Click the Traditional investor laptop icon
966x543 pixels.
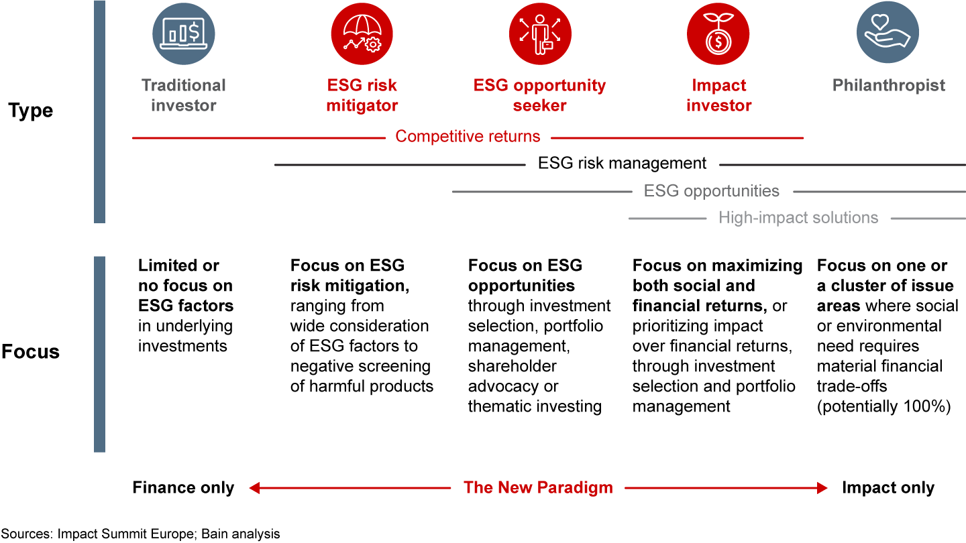point(184,34)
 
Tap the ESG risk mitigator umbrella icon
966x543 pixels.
point(362,34)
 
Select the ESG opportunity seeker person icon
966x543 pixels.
point(540,34)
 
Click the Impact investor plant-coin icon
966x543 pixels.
point(718,34)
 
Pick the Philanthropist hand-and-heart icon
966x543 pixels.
point(888,32)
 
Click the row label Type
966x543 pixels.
point(31,111)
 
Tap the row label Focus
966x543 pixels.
point(31,352)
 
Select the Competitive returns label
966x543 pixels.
point(468,137)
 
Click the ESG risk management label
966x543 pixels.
point(623,164)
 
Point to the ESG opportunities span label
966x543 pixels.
point(712,191)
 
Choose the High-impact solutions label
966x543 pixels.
point(798,218)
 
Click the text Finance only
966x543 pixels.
point(183,487)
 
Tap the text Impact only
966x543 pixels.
point(888,487)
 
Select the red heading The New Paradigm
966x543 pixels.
point(538,487)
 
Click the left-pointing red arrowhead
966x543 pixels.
point(254,488)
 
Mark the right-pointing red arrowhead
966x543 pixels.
point(822,488)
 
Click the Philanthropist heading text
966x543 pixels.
point(889,85)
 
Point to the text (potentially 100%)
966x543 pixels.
point(884,406)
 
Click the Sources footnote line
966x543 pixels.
point(141,534)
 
